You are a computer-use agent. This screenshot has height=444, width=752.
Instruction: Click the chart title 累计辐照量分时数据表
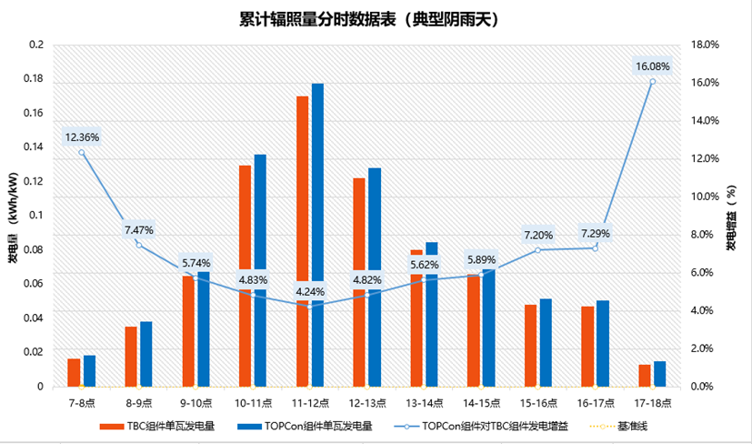(x=369, y=19)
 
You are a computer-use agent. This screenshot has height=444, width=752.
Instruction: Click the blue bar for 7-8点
(x=89, y=370)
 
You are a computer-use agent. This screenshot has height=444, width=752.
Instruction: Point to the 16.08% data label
(x=653, y=66)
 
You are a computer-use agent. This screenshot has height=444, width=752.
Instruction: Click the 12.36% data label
(x=82, y=137)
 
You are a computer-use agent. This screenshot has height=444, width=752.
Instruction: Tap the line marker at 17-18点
(x=653, y=82)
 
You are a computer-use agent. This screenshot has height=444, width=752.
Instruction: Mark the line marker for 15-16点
(x=537, y=249)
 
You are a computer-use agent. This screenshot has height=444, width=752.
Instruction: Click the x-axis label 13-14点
(x=424, y=402)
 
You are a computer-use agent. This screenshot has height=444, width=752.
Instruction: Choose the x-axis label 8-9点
(x=138, y=402)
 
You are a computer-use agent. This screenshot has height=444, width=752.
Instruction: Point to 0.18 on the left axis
(x=35, y=78)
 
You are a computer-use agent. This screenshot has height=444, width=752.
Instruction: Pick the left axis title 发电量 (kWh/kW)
(x=14, y=214)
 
